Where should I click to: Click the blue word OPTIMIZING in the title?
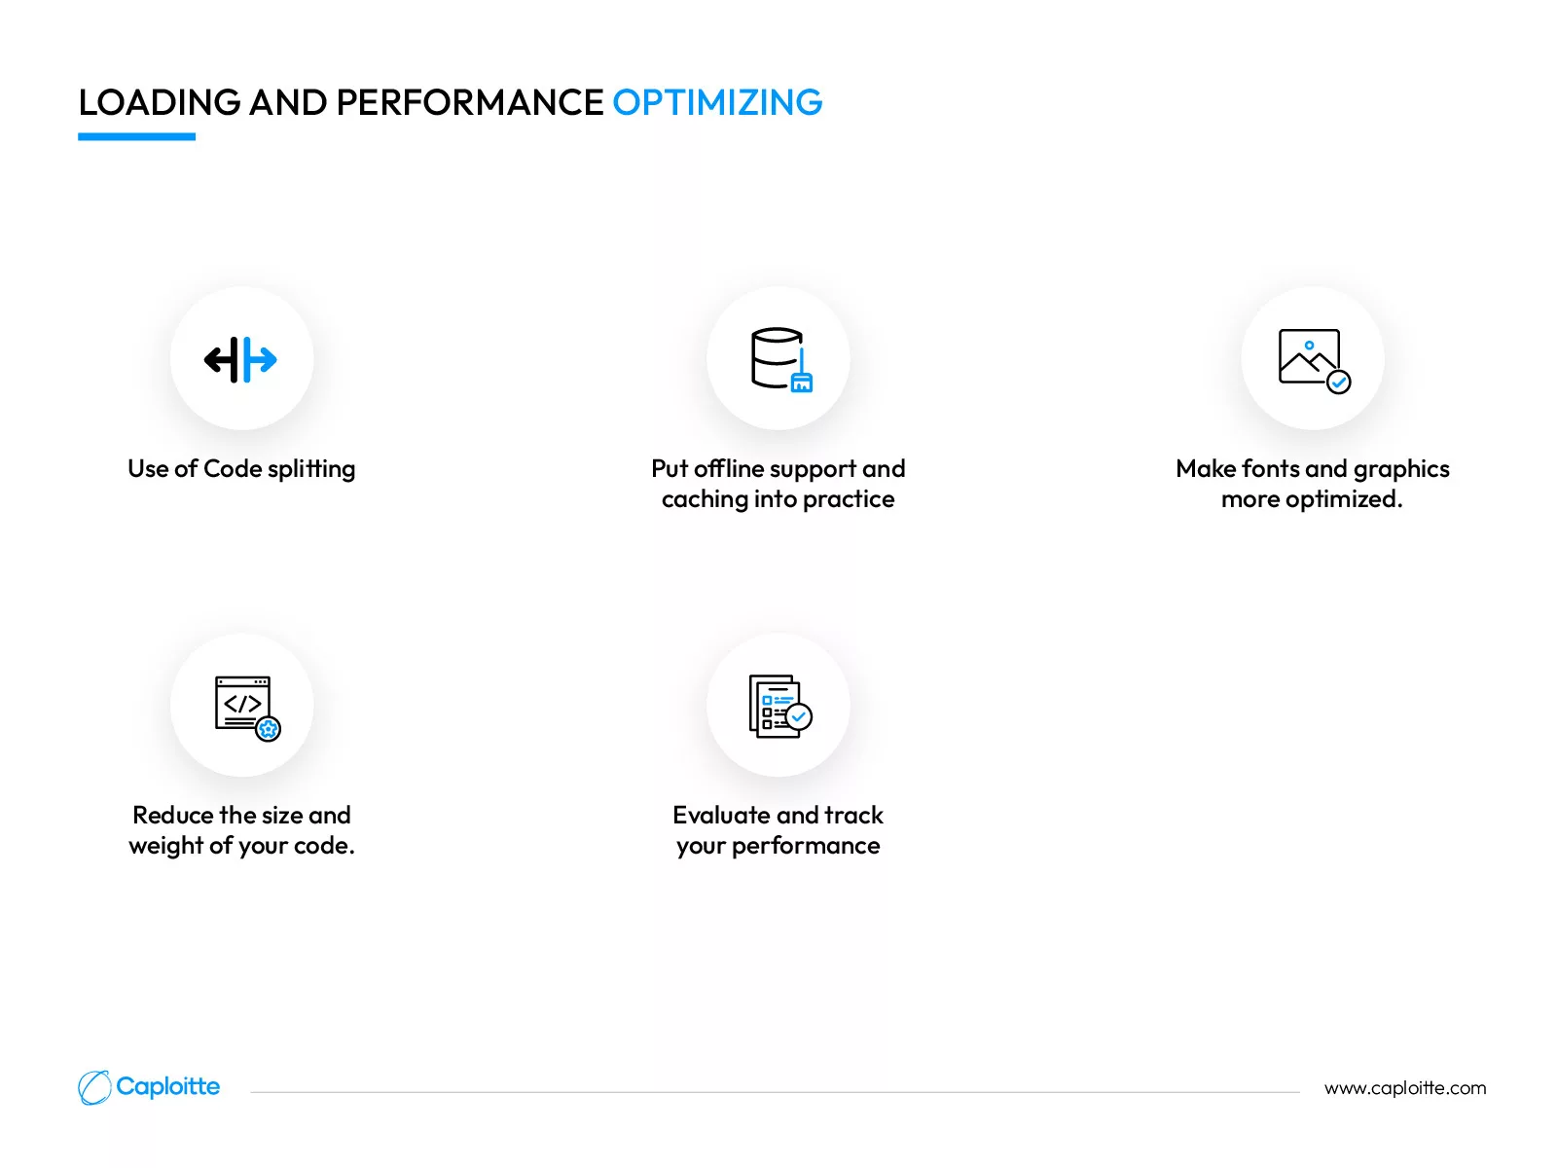point(717,102)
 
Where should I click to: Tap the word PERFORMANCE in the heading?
point(470,102)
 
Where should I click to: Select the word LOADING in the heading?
point(160,102)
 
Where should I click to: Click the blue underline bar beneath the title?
point(136,136)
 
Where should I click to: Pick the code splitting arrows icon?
point(240,359)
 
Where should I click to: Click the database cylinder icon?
point(781,359)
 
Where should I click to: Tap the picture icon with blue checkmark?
point(1314,360)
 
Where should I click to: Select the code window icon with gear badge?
point(247,708)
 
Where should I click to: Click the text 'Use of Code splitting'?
point(241,469)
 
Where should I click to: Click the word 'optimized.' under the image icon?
point(1344,500)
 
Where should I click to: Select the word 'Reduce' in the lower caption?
point(172,815)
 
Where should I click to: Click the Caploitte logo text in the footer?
point(168,1086)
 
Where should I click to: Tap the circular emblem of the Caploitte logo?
point(94,1087)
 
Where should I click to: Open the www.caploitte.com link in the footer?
point(1404,1088)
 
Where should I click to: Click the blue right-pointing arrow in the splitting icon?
point(260,359)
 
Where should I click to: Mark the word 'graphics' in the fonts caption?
point(1401,469)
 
